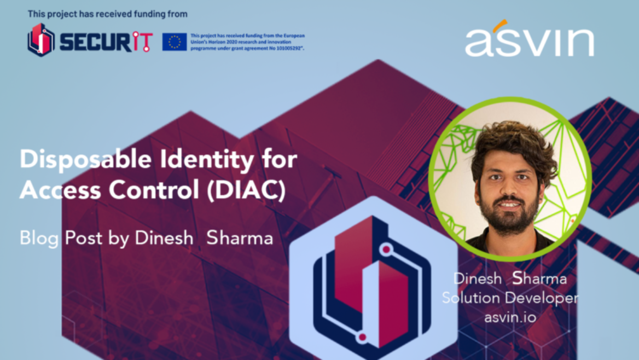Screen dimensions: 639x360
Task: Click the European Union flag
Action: [x=175, y=42]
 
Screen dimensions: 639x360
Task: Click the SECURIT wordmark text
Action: [x=106, y=42]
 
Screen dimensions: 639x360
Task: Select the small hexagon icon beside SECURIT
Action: [x=40, y=40]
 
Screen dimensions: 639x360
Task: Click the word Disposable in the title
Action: [x=85, y=159]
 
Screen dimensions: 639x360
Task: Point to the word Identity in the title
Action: [x=207, y=159]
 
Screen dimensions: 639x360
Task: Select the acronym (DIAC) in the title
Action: [x=246, y=190]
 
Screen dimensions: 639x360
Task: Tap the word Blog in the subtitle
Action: [x=39, y=238]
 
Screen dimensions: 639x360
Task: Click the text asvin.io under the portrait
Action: [x=510, y=317]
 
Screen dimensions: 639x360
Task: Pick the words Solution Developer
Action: [x=510, y=298]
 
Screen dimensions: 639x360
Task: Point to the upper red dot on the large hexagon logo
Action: [x=386, y=248]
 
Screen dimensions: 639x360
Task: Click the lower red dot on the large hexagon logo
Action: [x=362, y=337]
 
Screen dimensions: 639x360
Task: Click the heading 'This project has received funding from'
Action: [x=108, y=14]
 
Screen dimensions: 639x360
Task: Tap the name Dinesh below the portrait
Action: [x=478, y=279]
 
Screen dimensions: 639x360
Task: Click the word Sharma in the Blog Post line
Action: [x=240, y=238]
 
